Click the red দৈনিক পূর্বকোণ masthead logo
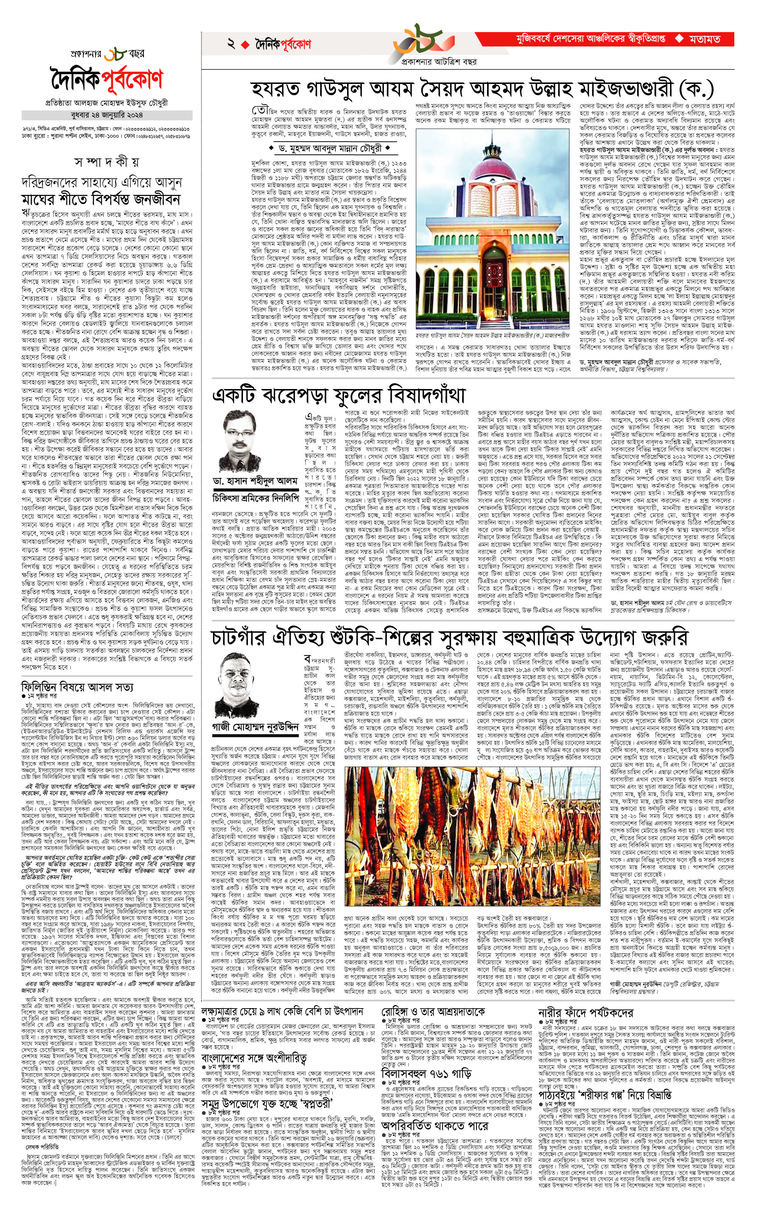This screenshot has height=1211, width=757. coord(107,79)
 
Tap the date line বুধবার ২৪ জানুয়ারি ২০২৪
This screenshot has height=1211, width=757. coord(107,115)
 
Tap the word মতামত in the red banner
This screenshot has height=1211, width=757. coord(704,39)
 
